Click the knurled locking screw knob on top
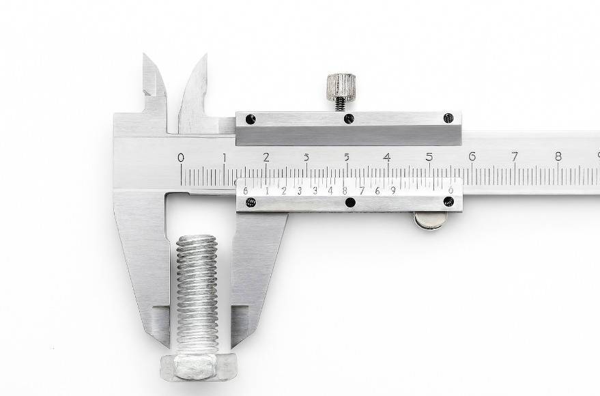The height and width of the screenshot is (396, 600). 340,87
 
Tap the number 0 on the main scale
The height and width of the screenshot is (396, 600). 181,158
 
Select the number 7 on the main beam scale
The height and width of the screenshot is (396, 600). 515,157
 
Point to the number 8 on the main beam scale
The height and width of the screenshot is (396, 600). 558,157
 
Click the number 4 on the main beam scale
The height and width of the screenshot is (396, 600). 387,157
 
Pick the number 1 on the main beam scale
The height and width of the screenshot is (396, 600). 224,158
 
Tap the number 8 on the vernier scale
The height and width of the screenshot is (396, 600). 345,191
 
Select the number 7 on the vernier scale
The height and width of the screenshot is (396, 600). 361,191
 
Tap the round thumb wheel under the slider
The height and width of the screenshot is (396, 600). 431,220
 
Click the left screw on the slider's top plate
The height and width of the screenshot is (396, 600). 251,119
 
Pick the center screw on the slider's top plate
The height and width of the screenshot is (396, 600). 349,119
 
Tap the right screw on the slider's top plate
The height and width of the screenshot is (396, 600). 448,118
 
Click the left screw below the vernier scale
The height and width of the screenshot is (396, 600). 251,202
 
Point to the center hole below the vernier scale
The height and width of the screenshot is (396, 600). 350,202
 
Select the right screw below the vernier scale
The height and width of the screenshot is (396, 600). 448,201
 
